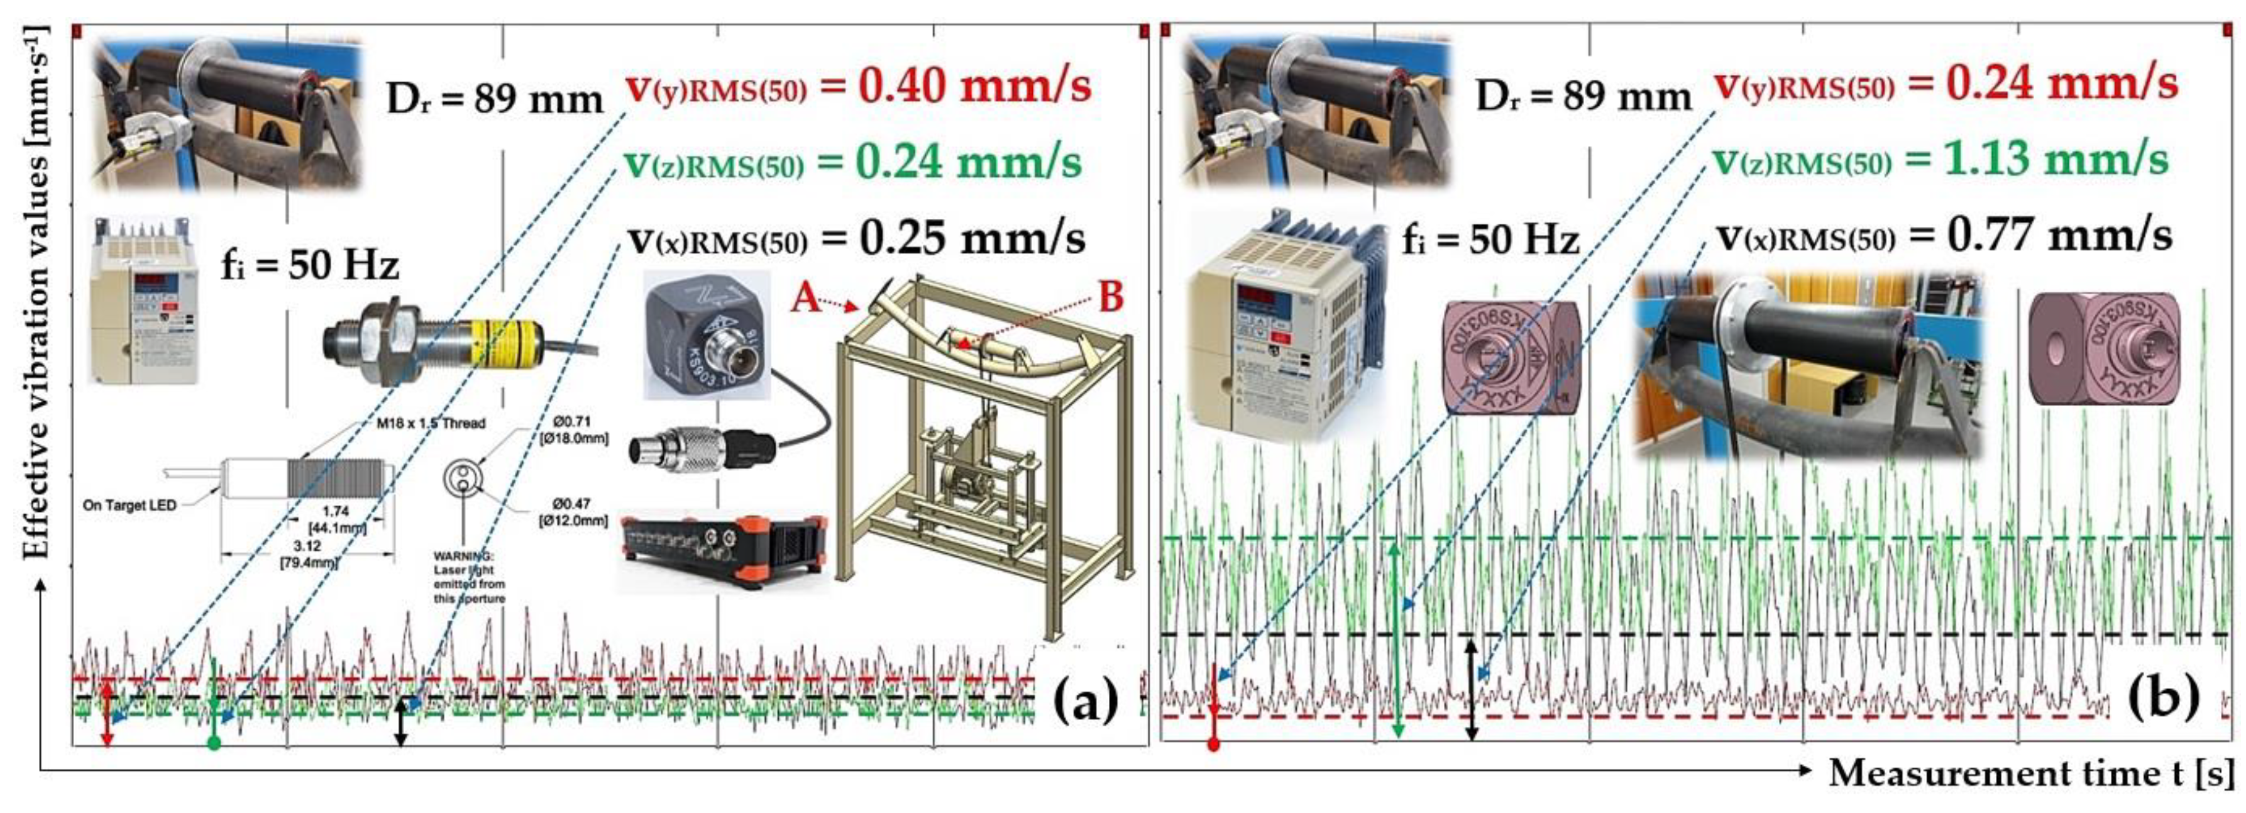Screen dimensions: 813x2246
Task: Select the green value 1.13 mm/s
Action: point(2055,160)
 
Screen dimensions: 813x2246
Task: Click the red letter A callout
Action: point(806,299)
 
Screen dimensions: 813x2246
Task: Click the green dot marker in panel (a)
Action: point(214,743)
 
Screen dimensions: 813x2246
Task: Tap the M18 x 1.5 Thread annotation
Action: point(424,423)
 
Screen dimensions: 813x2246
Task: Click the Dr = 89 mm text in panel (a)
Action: point(494,101)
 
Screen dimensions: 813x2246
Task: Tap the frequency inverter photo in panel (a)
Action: point(144,301)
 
